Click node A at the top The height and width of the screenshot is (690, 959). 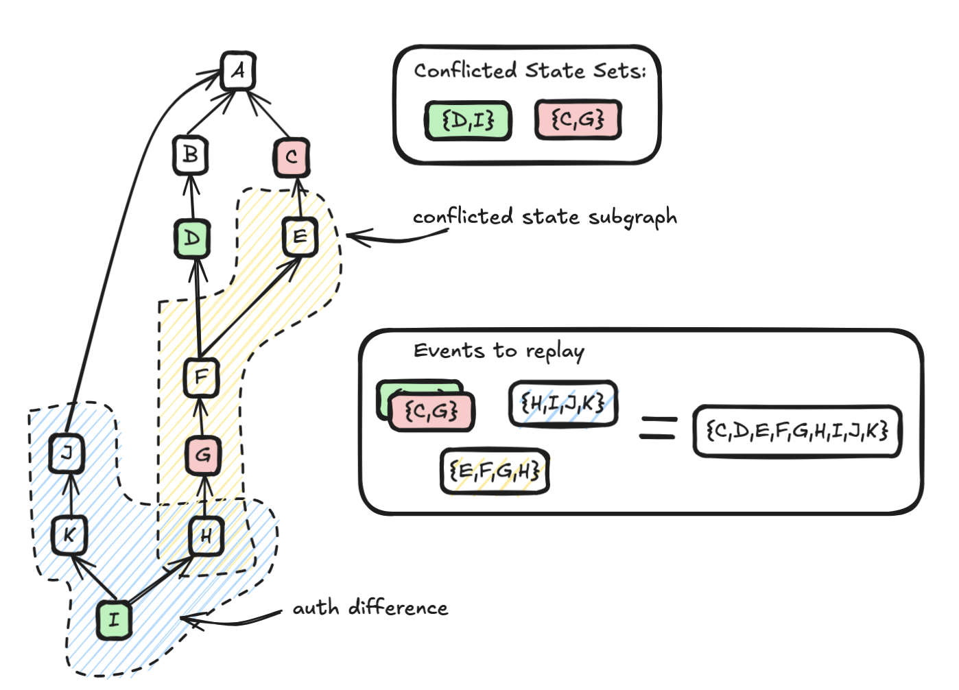point(238,71)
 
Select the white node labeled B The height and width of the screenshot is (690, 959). point(190,154)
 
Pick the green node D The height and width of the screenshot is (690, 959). point(192,238)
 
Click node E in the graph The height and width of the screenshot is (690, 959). point(300,237)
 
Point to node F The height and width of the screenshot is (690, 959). point(201,377)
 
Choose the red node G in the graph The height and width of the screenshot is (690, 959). point(203,455)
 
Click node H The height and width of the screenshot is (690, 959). point(206,536)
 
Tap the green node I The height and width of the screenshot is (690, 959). point(113,619)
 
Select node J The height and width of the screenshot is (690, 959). point(67,453)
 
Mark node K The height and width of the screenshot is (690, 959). point(69,535)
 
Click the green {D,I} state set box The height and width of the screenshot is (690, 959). point(469,121)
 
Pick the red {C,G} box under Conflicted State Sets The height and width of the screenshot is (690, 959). point(578,120)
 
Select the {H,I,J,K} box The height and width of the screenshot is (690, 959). point(563,403)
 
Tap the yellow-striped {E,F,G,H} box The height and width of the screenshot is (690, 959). point(495,471)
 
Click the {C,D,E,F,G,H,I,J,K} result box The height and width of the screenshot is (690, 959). point(797,431)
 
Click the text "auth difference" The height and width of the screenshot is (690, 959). point(370,608)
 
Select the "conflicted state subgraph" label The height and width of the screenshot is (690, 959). point(545,217)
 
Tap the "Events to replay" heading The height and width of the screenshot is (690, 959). point(499,351)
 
